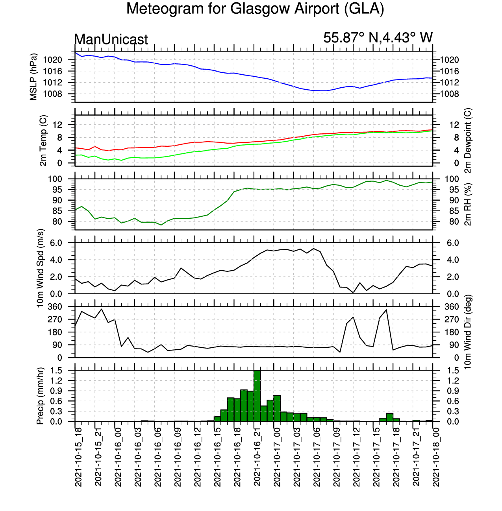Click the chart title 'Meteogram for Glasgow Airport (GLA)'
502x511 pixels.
point(255,9)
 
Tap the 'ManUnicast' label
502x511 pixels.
point(111,39)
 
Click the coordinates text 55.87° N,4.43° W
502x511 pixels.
point(378,38)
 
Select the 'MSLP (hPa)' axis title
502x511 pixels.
point(33,77)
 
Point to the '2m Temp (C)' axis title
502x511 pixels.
point(43,140)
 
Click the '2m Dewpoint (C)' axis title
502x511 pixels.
point(468,140)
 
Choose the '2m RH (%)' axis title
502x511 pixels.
point(468,204)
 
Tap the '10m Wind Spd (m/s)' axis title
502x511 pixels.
point(40,268)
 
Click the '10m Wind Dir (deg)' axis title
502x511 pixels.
point(468,332)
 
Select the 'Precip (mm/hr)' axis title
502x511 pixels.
point(40,396)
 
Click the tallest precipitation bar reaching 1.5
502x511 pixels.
point(257,396)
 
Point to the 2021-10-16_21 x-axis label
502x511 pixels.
point(257,457)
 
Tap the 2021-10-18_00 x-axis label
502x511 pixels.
point(436,457)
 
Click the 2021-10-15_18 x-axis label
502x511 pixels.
point(78,457)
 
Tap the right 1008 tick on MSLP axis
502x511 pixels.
point(449,94)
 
